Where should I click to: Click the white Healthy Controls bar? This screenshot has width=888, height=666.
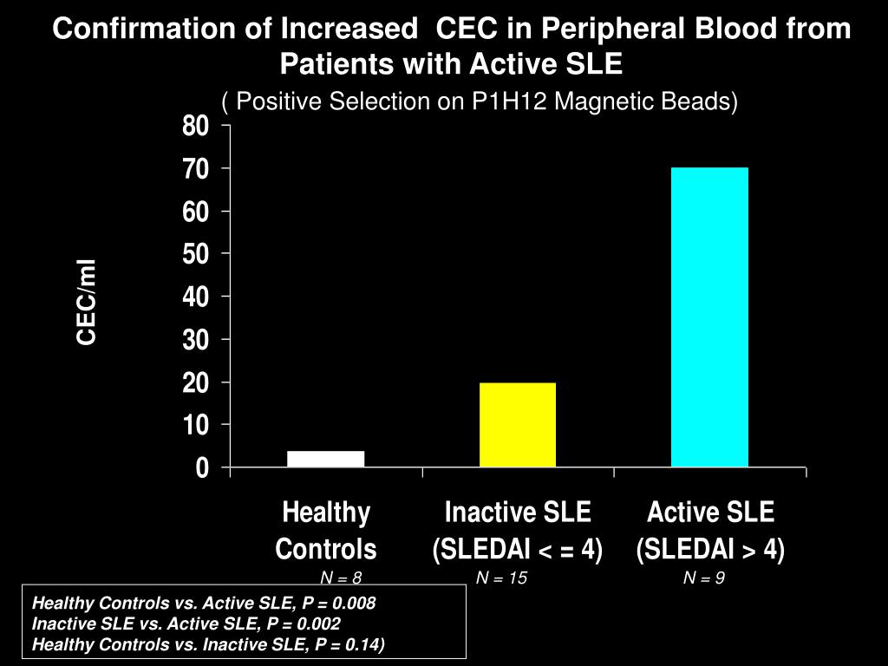325,459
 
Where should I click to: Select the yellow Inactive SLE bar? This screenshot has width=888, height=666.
517,425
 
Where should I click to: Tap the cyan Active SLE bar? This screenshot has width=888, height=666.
709,317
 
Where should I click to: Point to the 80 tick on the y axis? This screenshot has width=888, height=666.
196,127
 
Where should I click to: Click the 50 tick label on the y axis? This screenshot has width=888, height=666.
196,254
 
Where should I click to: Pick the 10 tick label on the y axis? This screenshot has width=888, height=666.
196,425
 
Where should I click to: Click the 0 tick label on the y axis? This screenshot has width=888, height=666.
202,468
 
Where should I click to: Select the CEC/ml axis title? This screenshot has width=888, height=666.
88,302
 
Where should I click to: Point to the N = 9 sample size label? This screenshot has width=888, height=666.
703,578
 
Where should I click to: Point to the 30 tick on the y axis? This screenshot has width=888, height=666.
196,340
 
